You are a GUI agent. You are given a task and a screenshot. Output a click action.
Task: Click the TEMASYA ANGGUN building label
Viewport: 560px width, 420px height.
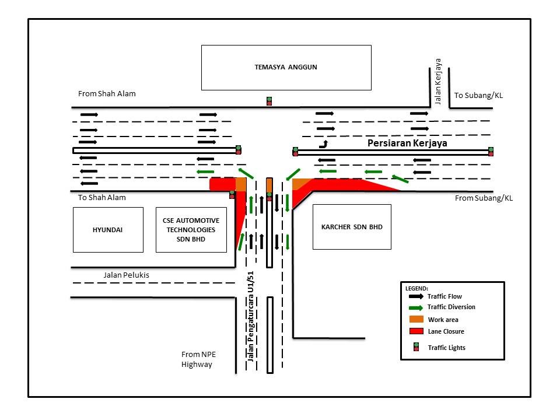pyautogui.click(x=285, y=67)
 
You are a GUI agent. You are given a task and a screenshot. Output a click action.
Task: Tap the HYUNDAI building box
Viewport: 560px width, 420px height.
pyautogui.click(x=108, y=229)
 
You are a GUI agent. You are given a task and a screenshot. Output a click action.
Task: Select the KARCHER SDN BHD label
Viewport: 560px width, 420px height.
pyautogui.click(x=352, y=227)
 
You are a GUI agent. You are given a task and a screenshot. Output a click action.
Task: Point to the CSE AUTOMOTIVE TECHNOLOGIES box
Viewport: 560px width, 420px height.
pyautogui.click(x=191, y=229)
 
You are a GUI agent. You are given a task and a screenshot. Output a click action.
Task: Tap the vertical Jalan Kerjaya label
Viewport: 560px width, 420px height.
pyautogui.click(x=438, y=81)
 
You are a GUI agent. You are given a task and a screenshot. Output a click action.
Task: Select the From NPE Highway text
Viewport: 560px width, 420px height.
pyautogui.click(x=197, y=359)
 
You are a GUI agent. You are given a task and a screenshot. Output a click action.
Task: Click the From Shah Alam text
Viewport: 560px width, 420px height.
pyautogui.click(x=107, y=93)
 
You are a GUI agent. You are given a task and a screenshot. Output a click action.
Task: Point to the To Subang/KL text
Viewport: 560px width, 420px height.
pyautogui.click(x=478, y=95)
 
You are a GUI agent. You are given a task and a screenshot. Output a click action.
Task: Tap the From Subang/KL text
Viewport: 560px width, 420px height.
pyautogui.click(x=484, y=198)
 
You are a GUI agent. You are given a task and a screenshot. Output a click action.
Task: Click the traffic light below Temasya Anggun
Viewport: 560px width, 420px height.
pyautogui.click(x=269, y=101)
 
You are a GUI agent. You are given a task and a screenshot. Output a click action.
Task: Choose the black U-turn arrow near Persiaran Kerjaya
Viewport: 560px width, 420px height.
pyautogui.click(x=323, y=143)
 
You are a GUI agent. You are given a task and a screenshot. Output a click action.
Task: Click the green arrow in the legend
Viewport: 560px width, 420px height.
pyautogui.click(x=415, y=307)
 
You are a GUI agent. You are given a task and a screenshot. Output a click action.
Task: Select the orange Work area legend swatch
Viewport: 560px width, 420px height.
pyautogui.click(x=415, y=320)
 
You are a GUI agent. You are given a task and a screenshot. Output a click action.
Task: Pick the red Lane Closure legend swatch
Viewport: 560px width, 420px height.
pyautogui.click(x=415, y=331)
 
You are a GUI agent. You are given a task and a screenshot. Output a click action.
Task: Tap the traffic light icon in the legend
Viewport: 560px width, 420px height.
pyautogui.click(x=416, y=347)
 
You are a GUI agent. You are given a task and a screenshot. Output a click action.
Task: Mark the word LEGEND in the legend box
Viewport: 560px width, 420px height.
pyautogui.click(x=416, y=288)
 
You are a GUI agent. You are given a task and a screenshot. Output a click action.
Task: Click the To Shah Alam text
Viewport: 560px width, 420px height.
pyautogui.click(x=102, y=197)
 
